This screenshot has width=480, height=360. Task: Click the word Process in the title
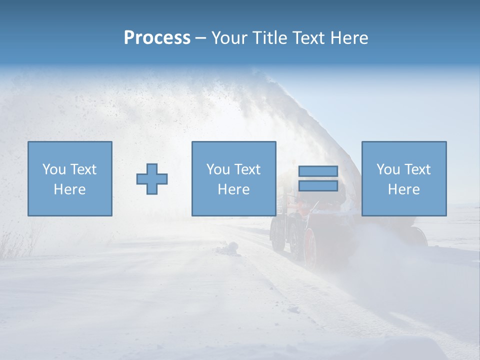pos(157,38)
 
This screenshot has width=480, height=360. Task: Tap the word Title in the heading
pos(269,38)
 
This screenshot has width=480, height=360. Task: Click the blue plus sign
pos(152,179)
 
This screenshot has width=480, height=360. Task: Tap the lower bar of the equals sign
pos(318,185)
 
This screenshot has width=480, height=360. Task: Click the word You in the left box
pos(54,169)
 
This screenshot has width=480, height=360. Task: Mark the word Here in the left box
pos(69,189)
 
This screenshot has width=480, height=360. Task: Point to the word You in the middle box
pos(218,169)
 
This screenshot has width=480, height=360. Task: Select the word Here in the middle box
pos(233,189)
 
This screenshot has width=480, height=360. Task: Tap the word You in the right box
pos(388,169)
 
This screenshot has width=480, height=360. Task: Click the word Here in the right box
pos(403,189)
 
